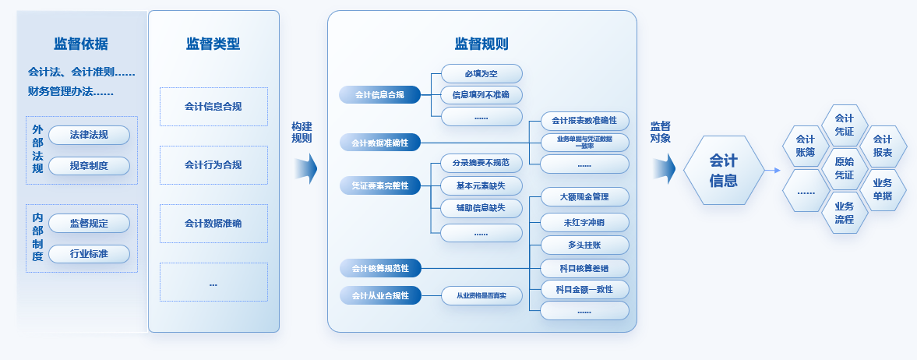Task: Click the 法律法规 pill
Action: click(x=89, y=135)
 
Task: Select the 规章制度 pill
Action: click(x=89, y=165)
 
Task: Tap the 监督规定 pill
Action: click(x=89, y=224)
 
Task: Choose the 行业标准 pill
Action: click(x=89, y=254)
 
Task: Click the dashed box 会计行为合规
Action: click(x=213, y=164)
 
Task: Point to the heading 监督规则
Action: click(x=481, y=44)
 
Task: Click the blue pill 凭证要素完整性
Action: click(x=379, y=185)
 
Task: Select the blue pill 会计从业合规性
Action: click(x=379, y=296)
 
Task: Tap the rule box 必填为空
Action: click(x=481, y=73)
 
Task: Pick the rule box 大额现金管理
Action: click(x=584, y=196)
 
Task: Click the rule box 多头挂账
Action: click(x=584, y=245)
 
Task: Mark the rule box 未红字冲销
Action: click(x=584, y=222)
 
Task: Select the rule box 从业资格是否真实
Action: click(x=481, y=295)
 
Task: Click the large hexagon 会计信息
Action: click(x=723, y=171)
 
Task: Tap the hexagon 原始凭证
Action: click(x=844, y=168)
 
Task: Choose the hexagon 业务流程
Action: click(x=844, y=213)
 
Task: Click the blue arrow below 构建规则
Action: click(x=306, y=168)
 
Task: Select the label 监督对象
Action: click(x=661, y=132)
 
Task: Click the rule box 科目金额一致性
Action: click(x=584, y=289)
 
